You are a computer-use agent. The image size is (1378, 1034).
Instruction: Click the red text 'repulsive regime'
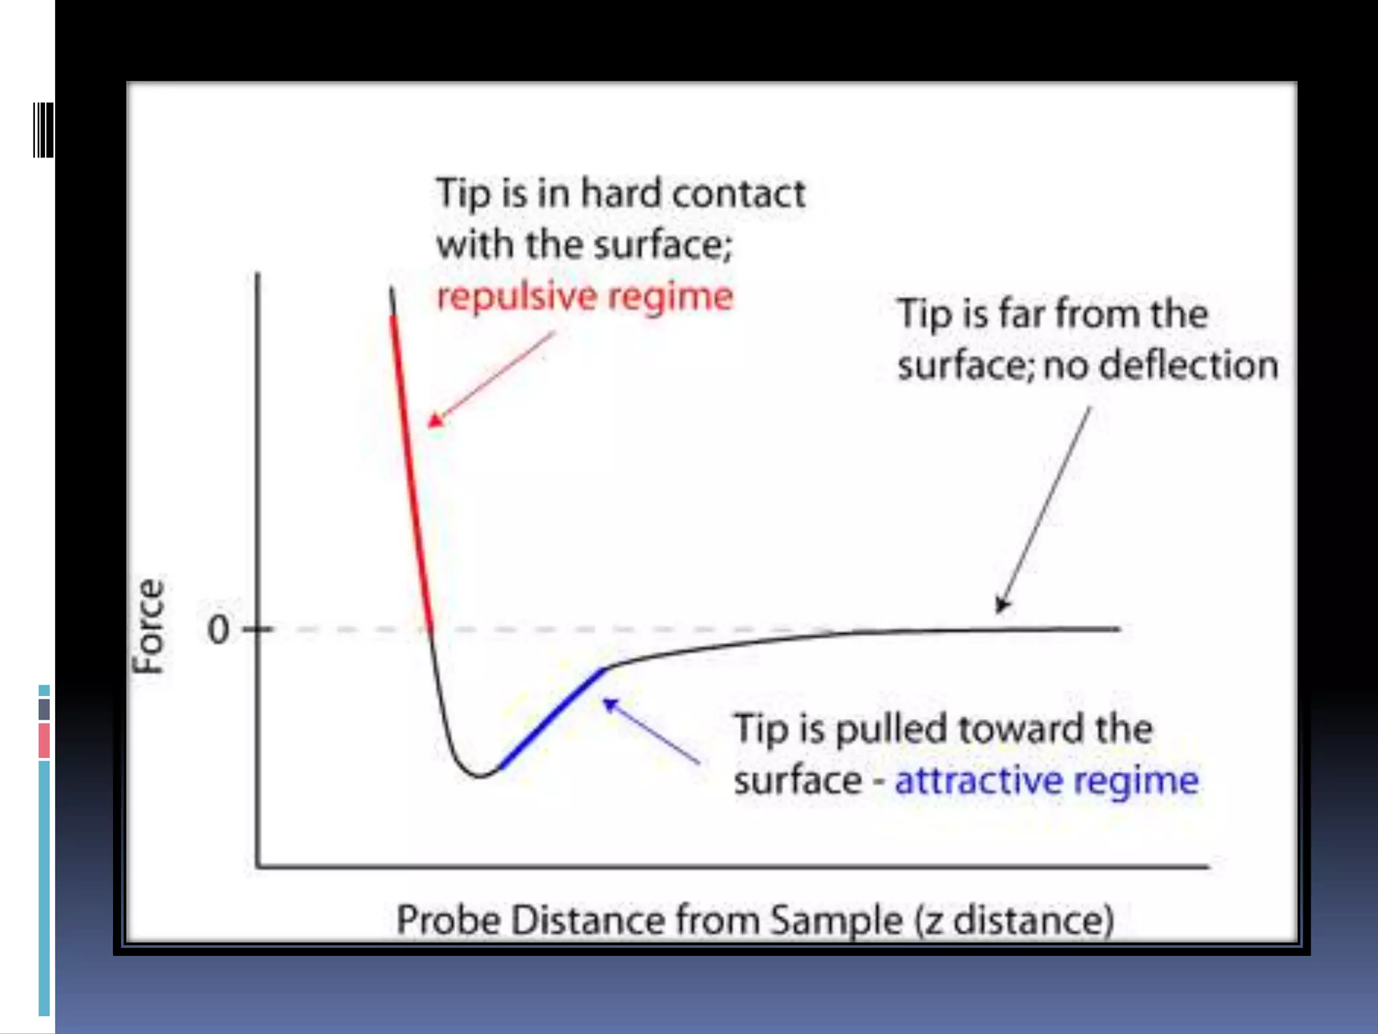(584, 297)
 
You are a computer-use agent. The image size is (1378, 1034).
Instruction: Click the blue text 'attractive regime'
(1046, 781)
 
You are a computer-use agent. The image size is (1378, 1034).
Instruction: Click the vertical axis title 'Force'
(149, 626)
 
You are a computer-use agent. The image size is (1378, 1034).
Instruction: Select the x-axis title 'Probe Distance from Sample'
(649, 920)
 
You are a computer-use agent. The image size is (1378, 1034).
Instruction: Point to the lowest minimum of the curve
(480, 776)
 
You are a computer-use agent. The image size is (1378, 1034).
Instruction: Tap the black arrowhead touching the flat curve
(1002, 605)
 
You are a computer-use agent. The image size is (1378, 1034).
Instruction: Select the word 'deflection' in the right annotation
(1189, 366)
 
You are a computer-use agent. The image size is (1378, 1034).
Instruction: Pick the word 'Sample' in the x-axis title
(836, 920)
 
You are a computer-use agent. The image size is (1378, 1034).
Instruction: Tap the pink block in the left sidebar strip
(44, 740)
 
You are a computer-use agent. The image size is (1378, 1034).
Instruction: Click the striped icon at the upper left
(43, 130)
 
